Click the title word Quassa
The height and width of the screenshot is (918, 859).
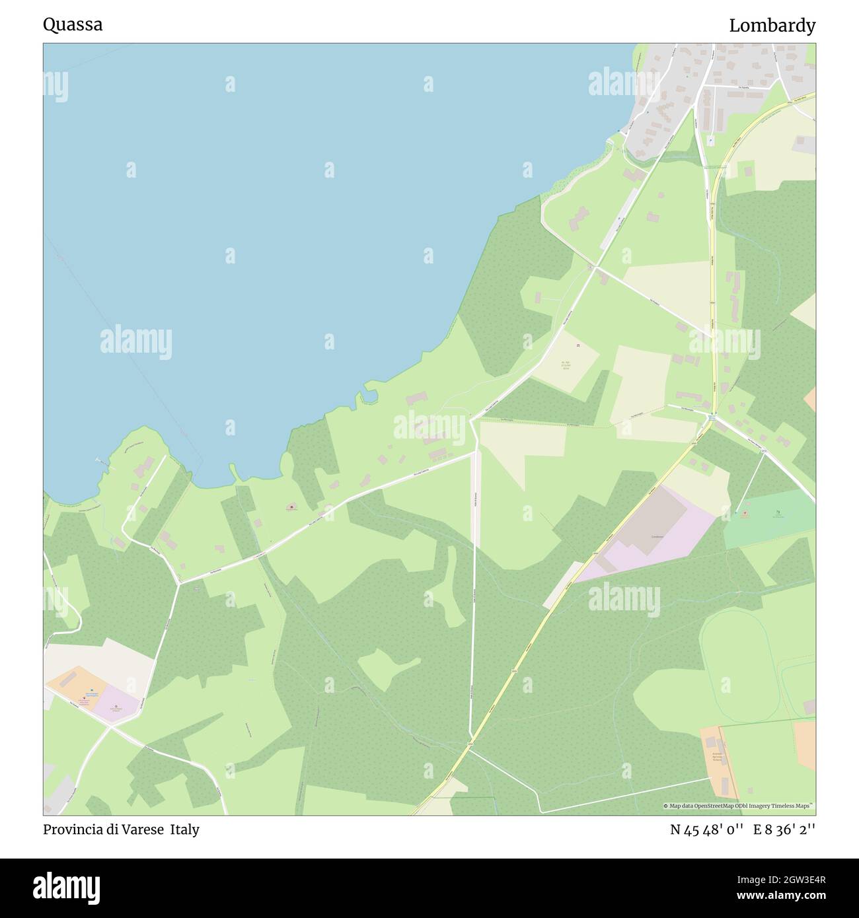[x=73, y=25]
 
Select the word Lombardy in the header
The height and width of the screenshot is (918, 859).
[x=772, y=26]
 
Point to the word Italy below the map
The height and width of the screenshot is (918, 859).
[x=185, y=830]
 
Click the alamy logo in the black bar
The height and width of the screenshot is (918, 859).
[x=67, y=886]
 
